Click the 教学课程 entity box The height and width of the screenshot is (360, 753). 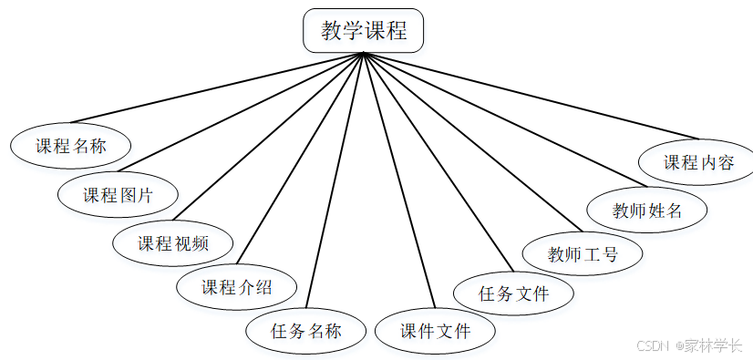363,31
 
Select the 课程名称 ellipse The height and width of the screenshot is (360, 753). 71,146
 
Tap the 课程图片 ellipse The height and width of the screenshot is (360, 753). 118,195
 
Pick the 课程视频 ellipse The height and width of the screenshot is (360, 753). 173,243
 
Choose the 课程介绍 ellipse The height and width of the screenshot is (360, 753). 236,287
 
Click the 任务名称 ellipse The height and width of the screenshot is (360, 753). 306,331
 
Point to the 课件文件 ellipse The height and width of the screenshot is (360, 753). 436,331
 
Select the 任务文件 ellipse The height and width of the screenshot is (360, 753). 514,293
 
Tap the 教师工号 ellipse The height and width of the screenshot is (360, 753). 583,253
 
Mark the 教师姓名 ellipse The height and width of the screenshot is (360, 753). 647,211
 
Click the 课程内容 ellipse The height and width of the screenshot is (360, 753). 698,163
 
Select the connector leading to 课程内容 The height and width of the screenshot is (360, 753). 529,97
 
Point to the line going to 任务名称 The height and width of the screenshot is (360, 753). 336,180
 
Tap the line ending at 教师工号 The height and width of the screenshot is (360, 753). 472,141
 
